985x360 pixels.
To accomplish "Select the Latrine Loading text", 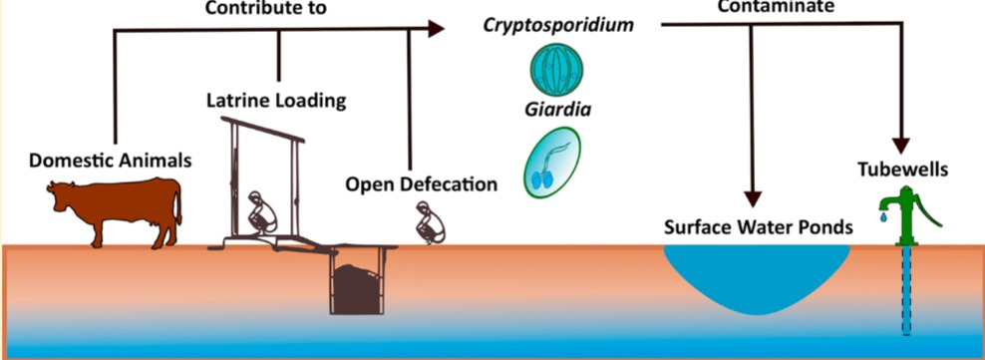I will click(x=276, y=100).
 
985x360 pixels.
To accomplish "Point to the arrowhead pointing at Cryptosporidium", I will click(x=436, y=30).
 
